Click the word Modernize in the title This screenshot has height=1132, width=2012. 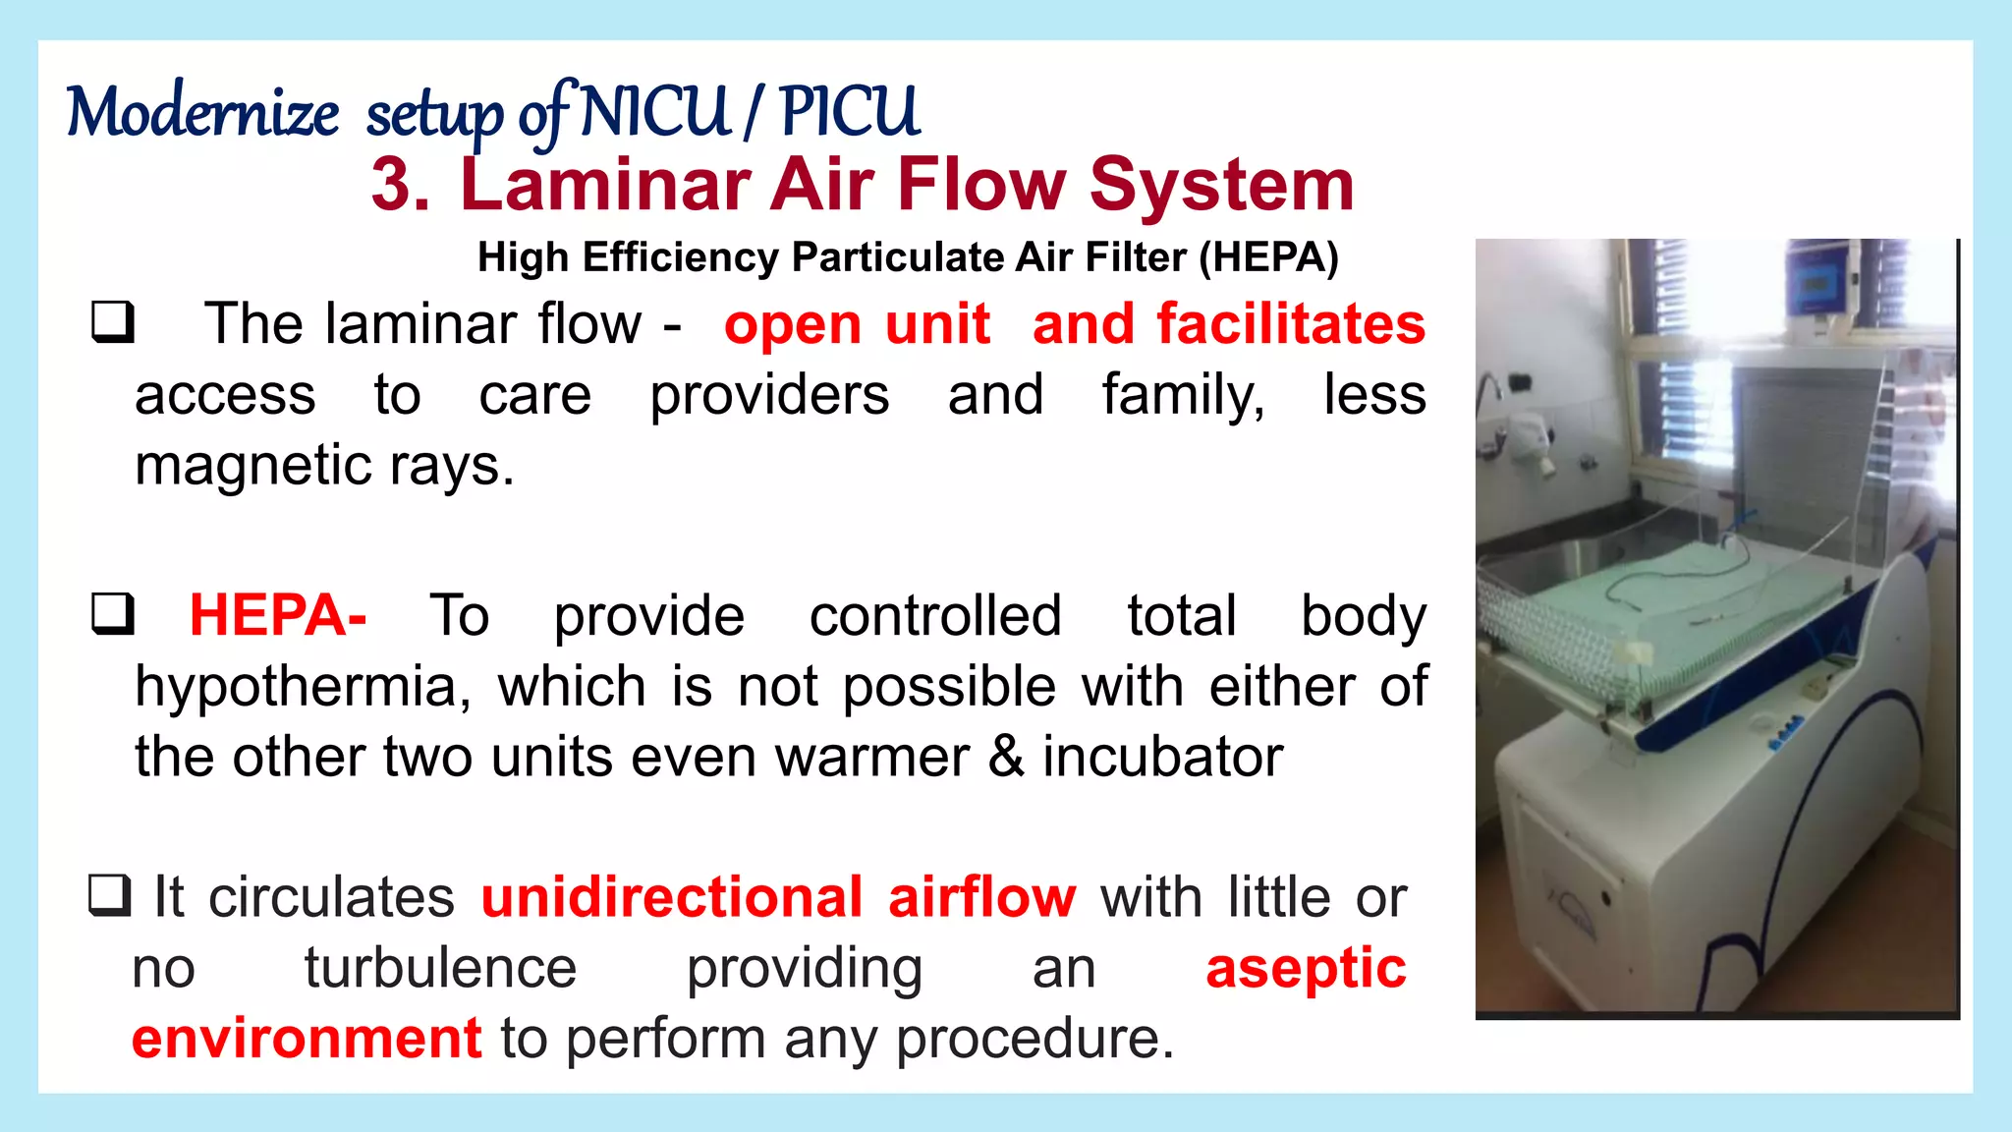202,112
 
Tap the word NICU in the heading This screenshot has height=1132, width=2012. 655,112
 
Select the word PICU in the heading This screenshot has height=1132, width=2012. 850,112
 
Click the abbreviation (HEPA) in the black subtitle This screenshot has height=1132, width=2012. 1268,257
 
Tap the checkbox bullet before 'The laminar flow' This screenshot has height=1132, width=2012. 113,322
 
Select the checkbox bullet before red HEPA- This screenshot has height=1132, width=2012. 113,614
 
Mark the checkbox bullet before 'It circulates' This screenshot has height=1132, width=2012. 109,895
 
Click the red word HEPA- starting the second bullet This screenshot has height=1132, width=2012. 278,616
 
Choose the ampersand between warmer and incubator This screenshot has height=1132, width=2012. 1006,758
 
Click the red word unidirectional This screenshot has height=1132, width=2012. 672,898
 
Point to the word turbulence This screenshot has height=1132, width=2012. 440,969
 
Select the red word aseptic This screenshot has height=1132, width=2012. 1306,969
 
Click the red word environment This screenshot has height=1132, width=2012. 307,1040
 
